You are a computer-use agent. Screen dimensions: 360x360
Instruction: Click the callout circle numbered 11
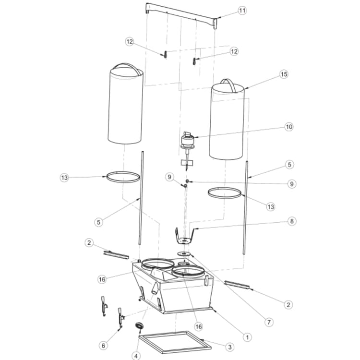tap(241, 10)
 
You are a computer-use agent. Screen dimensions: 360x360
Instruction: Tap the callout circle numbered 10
tap(288, 127)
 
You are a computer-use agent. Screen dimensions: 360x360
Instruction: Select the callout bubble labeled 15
tap(284, 74)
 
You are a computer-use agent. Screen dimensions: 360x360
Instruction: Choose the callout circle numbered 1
tap(247, 337)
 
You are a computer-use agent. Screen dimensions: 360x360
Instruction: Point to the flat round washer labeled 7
tap(184, 252)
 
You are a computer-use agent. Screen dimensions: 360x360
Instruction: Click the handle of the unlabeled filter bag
tap(127, 67)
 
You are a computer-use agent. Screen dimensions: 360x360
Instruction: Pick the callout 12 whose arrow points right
tap(130, 42)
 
